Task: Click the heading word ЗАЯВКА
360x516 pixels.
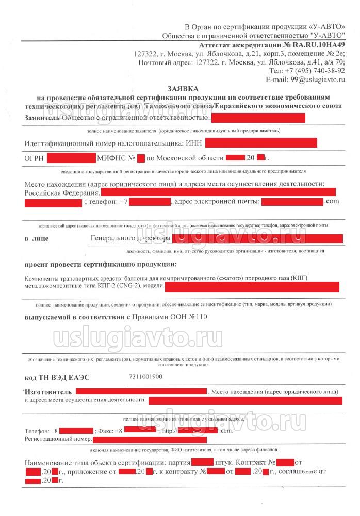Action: click(x=183, y=89)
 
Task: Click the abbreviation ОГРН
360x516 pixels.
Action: click(x=34, y=157)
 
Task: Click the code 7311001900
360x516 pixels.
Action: click(x=147, y=377)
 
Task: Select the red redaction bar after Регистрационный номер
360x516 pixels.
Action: click(x=150, y=439)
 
